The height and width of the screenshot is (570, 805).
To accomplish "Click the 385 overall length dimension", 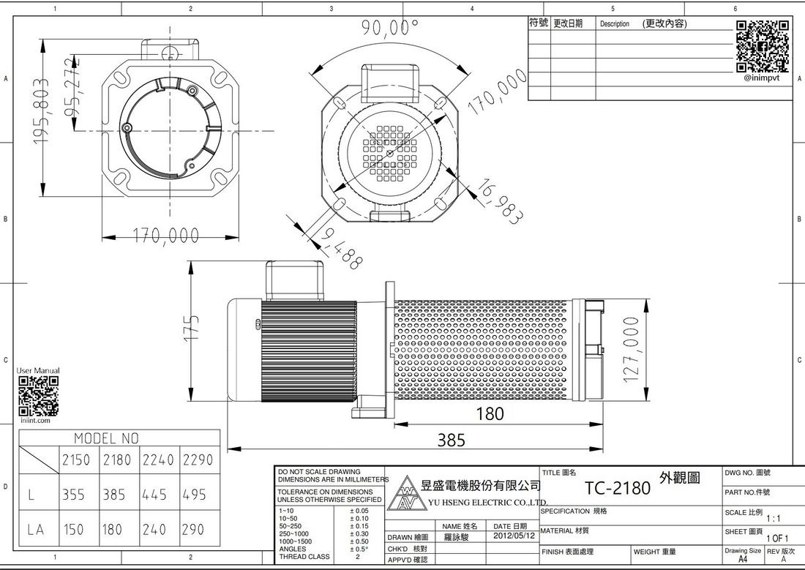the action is [452, 440].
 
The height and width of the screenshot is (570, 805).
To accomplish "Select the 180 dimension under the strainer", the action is [490, 414].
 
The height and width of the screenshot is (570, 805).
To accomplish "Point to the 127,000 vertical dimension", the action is [631, 350].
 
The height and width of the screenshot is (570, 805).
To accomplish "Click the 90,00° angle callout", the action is [390, 26].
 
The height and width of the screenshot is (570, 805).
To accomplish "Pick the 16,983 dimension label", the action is [501, 202].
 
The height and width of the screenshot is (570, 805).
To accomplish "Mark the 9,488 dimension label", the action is [341, 250].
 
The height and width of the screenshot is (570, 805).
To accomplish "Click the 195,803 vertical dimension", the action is [41, 111].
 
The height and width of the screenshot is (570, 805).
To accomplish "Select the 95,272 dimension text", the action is [72, 87].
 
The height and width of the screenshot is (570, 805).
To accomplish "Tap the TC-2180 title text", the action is [618, 488].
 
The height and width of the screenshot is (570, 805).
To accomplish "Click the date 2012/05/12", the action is [514, 536].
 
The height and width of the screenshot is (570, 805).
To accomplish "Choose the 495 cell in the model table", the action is [194, 495].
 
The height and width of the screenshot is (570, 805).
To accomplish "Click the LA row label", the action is [36, 530].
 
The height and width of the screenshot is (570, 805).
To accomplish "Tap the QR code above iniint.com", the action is [39, 396].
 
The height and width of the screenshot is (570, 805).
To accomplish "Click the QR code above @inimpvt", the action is [763, 47].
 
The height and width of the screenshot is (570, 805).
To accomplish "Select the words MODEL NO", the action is [106, 438].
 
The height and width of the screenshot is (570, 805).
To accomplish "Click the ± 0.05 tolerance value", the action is [359, 511].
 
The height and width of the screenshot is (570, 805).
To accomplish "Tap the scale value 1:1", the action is [774, 520].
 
